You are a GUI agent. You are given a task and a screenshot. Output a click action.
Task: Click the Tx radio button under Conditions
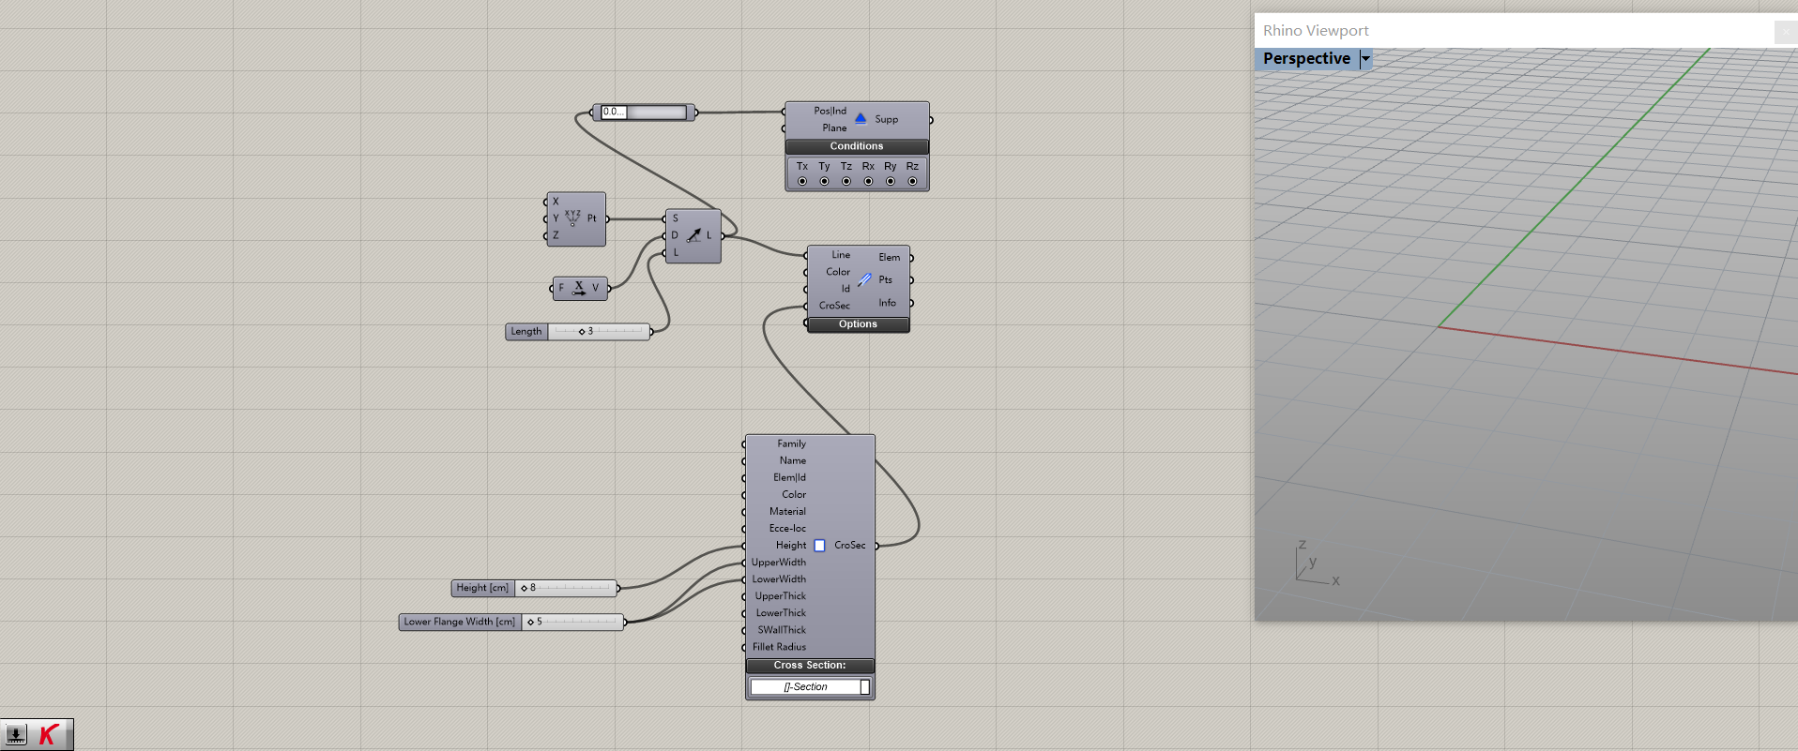click(802, 181)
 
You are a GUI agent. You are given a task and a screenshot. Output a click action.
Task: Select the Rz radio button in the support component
click(912, 181)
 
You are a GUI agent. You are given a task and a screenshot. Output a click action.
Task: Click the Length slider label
click(526, 332)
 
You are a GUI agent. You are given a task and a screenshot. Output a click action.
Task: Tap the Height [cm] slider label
click(482, 588)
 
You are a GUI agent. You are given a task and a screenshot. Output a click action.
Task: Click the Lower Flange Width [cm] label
click(459, 622)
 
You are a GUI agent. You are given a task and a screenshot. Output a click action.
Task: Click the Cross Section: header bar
click(809, 666)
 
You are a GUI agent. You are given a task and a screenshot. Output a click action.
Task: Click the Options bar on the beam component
click(858, 324)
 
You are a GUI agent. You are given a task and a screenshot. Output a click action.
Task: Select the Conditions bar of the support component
click(856, 146)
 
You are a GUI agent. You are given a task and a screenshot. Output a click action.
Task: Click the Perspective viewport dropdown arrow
click(1366, 58)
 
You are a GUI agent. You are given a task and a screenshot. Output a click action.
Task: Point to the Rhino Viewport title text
click(1316, 31)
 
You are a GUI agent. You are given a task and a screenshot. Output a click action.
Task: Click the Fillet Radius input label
click(779, 647)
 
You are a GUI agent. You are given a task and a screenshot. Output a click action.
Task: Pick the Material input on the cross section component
click(787, 512)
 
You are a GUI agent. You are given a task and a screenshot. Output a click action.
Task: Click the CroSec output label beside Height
click(850, 546)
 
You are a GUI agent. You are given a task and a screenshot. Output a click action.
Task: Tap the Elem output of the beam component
click(890, 257)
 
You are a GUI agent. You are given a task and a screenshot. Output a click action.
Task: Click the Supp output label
click(887, 120)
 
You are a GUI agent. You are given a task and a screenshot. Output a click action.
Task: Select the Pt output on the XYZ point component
click(592, 218)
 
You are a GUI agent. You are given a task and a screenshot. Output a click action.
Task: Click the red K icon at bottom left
click(49, 735)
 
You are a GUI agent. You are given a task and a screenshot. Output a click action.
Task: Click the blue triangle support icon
click(861, 118)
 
